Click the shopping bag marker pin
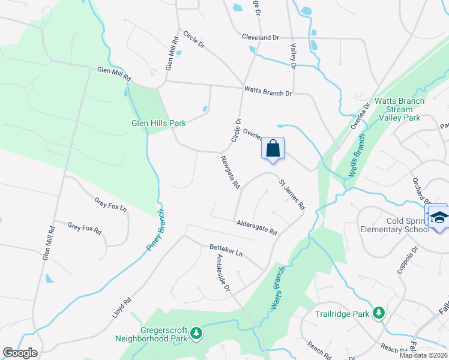coord(273,148)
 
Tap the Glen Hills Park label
coord(159,123)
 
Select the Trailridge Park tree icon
coord(378,313)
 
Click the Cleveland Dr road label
coord(261,37)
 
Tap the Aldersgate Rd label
coord(256,227)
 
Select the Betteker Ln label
coord(225,248)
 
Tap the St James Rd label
coord(291,194)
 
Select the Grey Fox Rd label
coord(85,227)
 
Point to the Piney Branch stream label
coord(155,231)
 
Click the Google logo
coord(20,353)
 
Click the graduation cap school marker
coord(439,217)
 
